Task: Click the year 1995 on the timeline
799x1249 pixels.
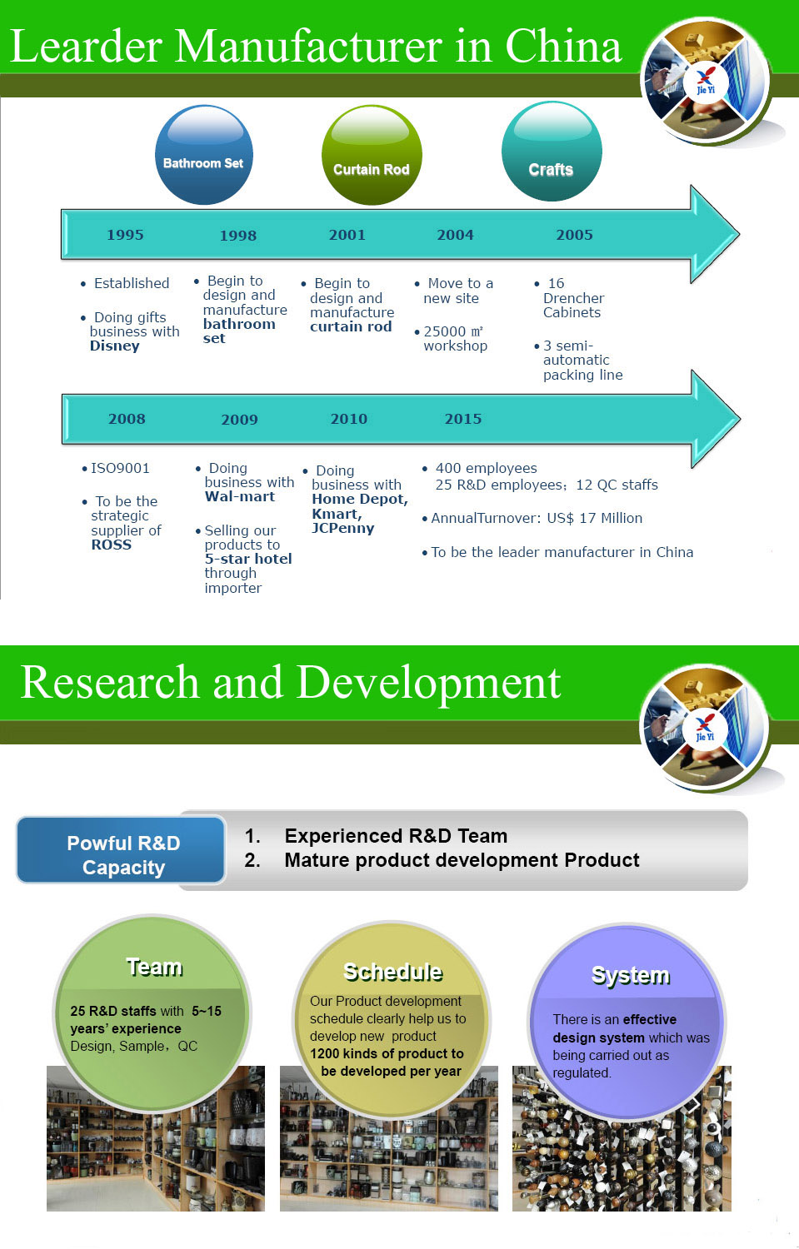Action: tap(125, 235)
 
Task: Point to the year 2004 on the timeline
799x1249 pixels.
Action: tap(455, 235)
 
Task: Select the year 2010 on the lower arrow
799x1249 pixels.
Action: tap(348, 419)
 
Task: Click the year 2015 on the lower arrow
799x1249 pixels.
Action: tap(462, 419)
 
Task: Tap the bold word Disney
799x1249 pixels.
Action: tap(115, 346)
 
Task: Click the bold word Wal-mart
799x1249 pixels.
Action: tap(240, 497)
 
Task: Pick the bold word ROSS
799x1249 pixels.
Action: tap(112, 545)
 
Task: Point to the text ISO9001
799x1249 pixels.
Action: tap(120, 468)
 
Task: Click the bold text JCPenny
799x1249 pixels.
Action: tap(342, 529)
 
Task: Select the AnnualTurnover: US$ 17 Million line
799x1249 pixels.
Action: tap(536, 518)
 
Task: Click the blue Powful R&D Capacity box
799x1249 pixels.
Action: tap(122, 855)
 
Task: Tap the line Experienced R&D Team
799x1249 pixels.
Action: tap(396, 836)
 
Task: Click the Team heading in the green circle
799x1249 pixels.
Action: tap(154, 967)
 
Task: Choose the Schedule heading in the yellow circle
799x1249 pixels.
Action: tap(392, 972)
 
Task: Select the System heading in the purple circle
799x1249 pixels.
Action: tap(630, 975)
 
